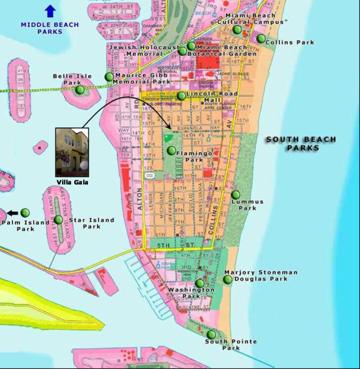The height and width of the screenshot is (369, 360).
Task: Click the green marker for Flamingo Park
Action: click(x=171, y=150)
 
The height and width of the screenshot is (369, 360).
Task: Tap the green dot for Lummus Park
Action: click(x=235, y=195)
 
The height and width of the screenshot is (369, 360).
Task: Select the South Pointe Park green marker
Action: click(x=211, y=334)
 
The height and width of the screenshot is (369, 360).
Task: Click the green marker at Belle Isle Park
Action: click(x=79, y=90)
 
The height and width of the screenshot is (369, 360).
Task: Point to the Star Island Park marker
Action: click(x=59, y=220)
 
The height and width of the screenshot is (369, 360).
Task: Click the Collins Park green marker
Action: click(x=261, y=39)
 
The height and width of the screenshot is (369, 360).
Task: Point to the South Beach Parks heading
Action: click(x=301, y=143)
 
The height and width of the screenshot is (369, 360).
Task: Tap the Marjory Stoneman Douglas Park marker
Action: click(x=227, y=279)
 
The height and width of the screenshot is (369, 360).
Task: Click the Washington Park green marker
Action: click(x=199, y=283)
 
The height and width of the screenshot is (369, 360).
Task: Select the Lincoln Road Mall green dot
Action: click(x=181, y=96)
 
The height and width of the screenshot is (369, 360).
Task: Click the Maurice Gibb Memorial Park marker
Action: click(x=108, y=77)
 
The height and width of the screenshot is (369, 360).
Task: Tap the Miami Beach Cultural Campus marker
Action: click(x=237, y=30)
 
